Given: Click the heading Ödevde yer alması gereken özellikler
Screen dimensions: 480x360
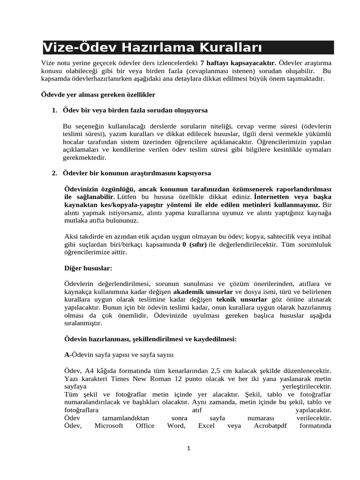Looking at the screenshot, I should [98, 95].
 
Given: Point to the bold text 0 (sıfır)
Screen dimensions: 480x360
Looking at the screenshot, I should [194, 245].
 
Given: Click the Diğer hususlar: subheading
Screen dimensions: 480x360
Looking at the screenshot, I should [88, 269].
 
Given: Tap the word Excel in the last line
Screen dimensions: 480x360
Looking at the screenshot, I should [206, 426].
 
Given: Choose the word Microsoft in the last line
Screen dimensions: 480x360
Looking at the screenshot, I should [109, 426].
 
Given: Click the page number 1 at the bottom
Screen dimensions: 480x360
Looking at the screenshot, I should [187, 449].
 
